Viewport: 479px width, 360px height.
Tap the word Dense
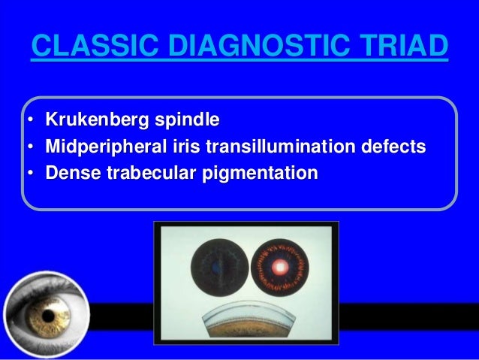(69, 174)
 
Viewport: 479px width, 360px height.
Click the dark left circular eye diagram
(216, 267)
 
